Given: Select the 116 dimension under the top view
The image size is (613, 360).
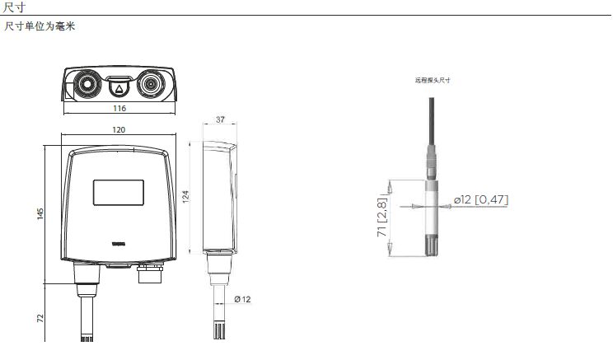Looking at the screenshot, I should (x=119, y=109).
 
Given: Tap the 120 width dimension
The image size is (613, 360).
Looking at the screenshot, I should (x=119, y=130).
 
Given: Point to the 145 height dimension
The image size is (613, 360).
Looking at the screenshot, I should (x=40, y=215).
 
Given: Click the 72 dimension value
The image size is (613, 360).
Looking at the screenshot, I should (x=40, y=317).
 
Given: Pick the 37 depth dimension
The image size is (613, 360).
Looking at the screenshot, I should (x=220, y=120).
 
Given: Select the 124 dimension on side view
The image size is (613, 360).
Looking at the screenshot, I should (x=185, y=198).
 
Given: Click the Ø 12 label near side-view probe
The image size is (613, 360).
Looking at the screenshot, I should (x=242, y=299).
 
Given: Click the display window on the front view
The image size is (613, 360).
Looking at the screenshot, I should (x=119, y=191).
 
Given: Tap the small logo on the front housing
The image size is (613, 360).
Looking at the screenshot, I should (x=119, y=243).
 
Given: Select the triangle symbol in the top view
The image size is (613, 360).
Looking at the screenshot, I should (x=119, y=87).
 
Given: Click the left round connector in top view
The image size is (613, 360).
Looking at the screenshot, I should (x=86, y=84).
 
